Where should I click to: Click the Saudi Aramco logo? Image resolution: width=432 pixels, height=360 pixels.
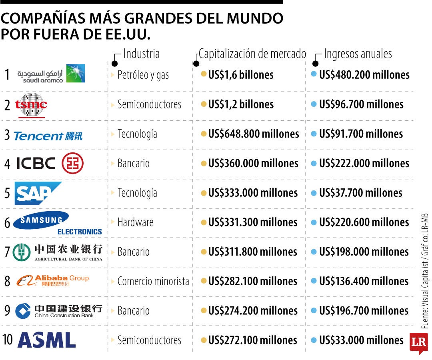(x=51, y=74)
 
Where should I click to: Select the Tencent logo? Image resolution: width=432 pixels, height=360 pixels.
(x=48, y=136)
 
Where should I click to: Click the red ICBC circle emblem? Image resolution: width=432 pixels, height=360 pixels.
(x=72, y=164)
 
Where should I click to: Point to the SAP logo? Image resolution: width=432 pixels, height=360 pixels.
(x=38, y=193)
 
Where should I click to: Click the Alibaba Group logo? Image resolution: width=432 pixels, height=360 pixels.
(x=53, y=281)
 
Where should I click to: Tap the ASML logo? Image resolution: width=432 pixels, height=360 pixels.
(x=46, y=340)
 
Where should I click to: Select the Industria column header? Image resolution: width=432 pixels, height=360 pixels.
(x=141, y=54)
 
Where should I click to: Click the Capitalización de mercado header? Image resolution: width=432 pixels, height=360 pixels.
(x=252, y=54)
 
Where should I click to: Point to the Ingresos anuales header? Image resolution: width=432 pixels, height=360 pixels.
(x=358, y=54)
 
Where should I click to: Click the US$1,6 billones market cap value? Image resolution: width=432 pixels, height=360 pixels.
(x=241, y=75)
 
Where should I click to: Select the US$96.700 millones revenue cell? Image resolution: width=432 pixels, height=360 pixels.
(x=361, y=104)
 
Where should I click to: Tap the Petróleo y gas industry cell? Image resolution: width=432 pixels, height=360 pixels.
(x=143, y=75)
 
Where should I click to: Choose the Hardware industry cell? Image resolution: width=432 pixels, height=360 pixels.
(x=135, y=222)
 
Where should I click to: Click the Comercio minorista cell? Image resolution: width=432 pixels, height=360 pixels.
(x=153, y=281)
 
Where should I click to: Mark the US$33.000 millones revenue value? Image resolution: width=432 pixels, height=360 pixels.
(x=361, y=340)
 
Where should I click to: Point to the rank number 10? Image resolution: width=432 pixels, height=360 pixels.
(x=8, y=340)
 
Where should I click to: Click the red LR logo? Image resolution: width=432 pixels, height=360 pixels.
(x=418, y=343)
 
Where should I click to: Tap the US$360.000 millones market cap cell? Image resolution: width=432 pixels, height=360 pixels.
(x=253, y=163)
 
